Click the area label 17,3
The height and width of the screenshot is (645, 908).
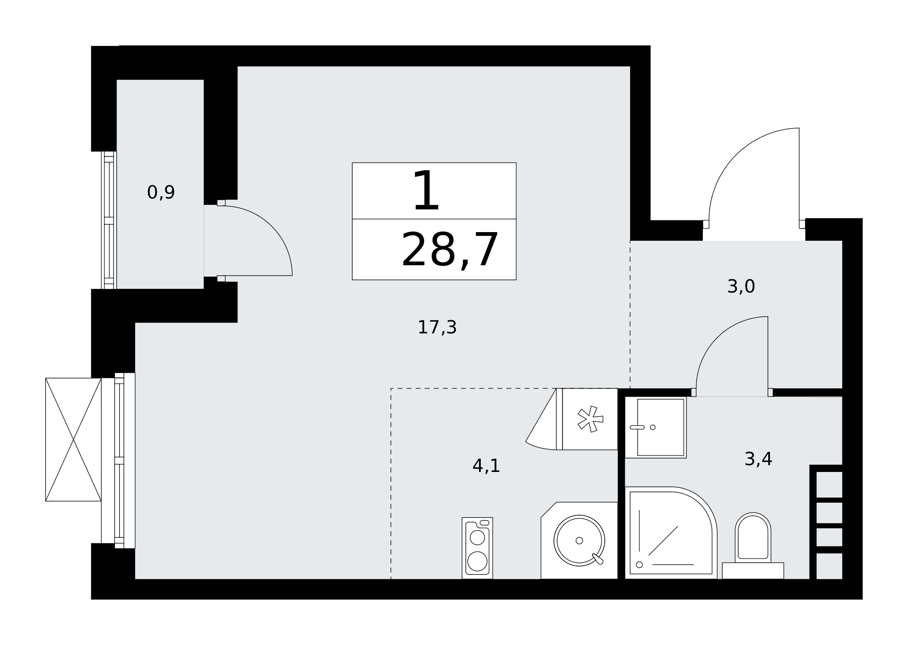point(437,327)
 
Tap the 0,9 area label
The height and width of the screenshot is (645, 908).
point(161,193)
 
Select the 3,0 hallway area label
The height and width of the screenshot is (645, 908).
point(741,287)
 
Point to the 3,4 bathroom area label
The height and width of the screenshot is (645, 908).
point(758,459)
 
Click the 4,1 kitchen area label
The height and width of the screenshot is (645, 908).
point(486,466)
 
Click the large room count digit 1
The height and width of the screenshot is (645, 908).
point(426,191)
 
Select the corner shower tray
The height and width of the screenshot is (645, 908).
point(671,533)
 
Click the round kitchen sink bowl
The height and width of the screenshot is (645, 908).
point(579,541)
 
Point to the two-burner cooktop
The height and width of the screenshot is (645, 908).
point(477,548)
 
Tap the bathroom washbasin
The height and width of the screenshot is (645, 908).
point(656,427)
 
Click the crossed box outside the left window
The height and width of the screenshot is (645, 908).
point(73,440)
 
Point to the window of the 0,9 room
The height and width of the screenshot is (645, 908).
point(109,220)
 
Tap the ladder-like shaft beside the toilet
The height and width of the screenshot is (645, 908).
point(826,522)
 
